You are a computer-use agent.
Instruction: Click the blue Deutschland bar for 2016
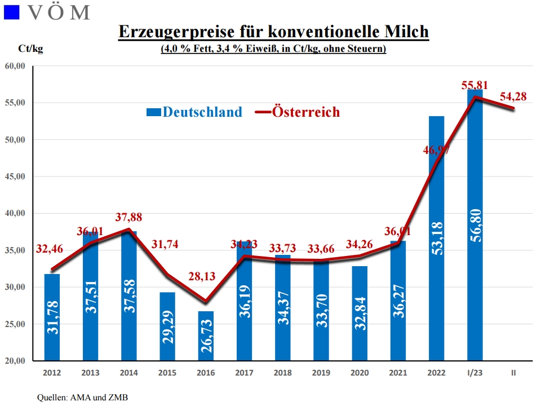(x=206, y=336)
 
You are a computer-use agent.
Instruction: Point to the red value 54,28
(x=513, y=96)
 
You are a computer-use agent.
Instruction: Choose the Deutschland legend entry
(x=194, y=112)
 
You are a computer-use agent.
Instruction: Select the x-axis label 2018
(x=282, y=373)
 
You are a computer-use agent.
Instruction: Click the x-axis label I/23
(x=475, y=373)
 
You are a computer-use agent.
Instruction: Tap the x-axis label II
(x=513, y=373)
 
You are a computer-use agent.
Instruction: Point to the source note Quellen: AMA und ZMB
(x=82, y=398)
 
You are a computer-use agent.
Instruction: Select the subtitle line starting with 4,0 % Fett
(x=273, y=49)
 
